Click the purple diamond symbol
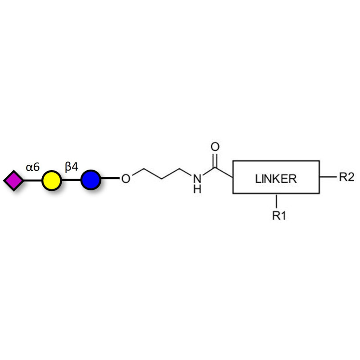click(13, 180)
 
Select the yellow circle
click(51, 180)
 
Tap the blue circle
click(90, 180)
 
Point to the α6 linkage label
click(32, 167)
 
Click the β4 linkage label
click(72, 167)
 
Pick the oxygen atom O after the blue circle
click(126, 179)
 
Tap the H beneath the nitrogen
click(197, 189)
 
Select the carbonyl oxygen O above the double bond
click(215, 147)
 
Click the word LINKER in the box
click(276, 179)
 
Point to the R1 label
click(279, 216)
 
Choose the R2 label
click(346, 177)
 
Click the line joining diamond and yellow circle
click(32, 180)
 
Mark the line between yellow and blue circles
click(71, 180)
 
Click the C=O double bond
click(215, 160)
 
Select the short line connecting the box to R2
click(328, 177)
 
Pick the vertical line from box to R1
click(276, 201)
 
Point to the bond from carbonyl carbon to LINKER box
click(224, 172)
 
